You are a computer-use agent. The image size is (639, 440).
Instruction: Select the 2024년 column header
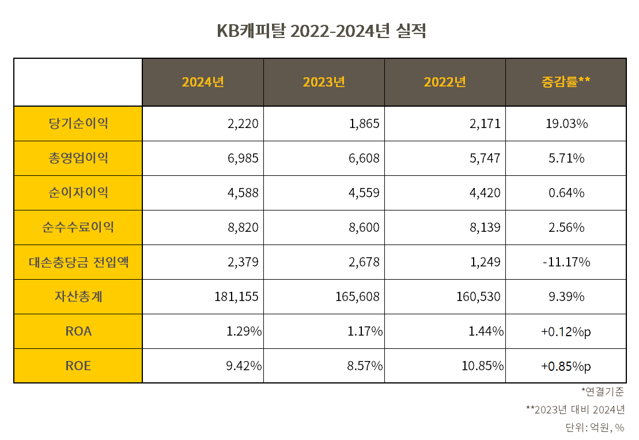point(203,82)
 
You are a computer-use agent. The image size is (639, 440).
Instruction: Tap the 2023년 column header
point(324,82)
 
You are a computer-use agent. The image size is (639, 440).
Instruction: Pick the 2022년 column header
point(445,82)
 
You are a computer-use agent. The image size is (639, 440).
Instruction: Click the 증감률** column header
point(565,82)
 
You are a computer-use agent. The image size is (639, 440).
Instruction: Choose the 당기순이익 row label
point(78,123)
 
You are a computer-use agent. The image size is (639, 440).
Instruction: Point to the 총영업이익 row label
point(78,158)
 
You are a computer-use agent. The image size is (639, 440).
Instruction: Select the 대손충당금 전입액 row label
point(78,262)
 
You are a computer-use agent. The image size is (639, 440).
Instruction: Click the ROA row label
point(78,331)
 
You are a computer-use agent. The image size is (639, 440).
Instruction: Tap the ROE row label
point(78,366)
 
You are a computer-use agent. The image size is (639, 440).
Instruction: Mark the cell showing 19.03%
point(566,123)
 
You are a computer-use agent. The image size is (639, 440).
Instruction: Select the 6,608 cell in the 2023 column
point(365,158)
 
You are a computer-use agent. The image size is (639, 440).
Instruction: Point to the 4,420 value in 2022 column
point(486,193)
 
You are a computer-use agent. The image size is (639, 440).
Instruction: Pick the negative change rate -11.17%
point(566,262)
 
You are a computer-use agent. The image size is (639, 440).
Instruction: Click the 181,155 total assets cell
point(236,296)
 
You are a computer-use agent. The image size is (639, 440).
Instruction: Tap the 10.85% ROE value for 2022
point(482,366)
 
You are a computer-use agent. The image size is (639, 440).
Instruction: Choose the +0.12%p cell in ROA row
point(566,331)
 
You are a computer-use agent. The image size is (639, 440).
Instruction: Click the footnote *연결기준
point(603,392)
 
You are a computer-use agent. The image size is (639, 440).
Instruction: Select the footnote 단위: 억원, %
point(595,427)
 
